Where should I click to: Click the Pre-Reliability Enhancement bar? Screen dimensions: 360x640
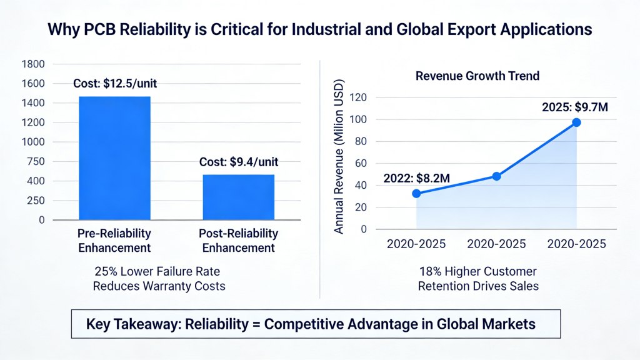(114, 157)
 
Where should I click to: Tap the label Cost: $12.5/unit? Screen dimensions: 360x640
(114, 84)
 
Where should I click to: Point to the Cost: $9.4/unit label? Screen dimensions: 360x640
(239, 162)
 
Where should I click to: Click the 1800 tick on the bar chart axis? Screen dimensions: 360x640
(33, 64)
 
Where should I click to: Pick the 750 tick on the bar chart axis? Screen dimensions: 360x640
(36, 161)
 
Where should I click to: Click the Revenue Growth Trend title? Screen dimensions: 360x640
(477, 76)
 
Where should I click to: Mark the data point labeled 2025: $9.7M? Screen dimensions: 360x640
(576, 122)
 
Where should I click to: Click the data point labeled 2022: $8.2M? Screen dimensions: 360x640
(416, 194)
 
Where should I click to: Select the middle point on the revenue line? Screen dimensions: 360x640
(496, 176)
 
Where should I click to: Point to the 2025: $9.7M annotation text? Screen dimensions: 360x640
(575, 106)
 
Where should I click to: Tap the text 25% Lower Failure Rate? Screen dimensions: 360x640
(159, 272)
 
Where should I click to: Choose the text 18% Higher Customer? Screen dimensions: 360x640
(477, 272)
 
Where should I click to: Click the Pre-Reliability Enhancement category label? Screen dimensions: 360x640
(114, 240)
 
